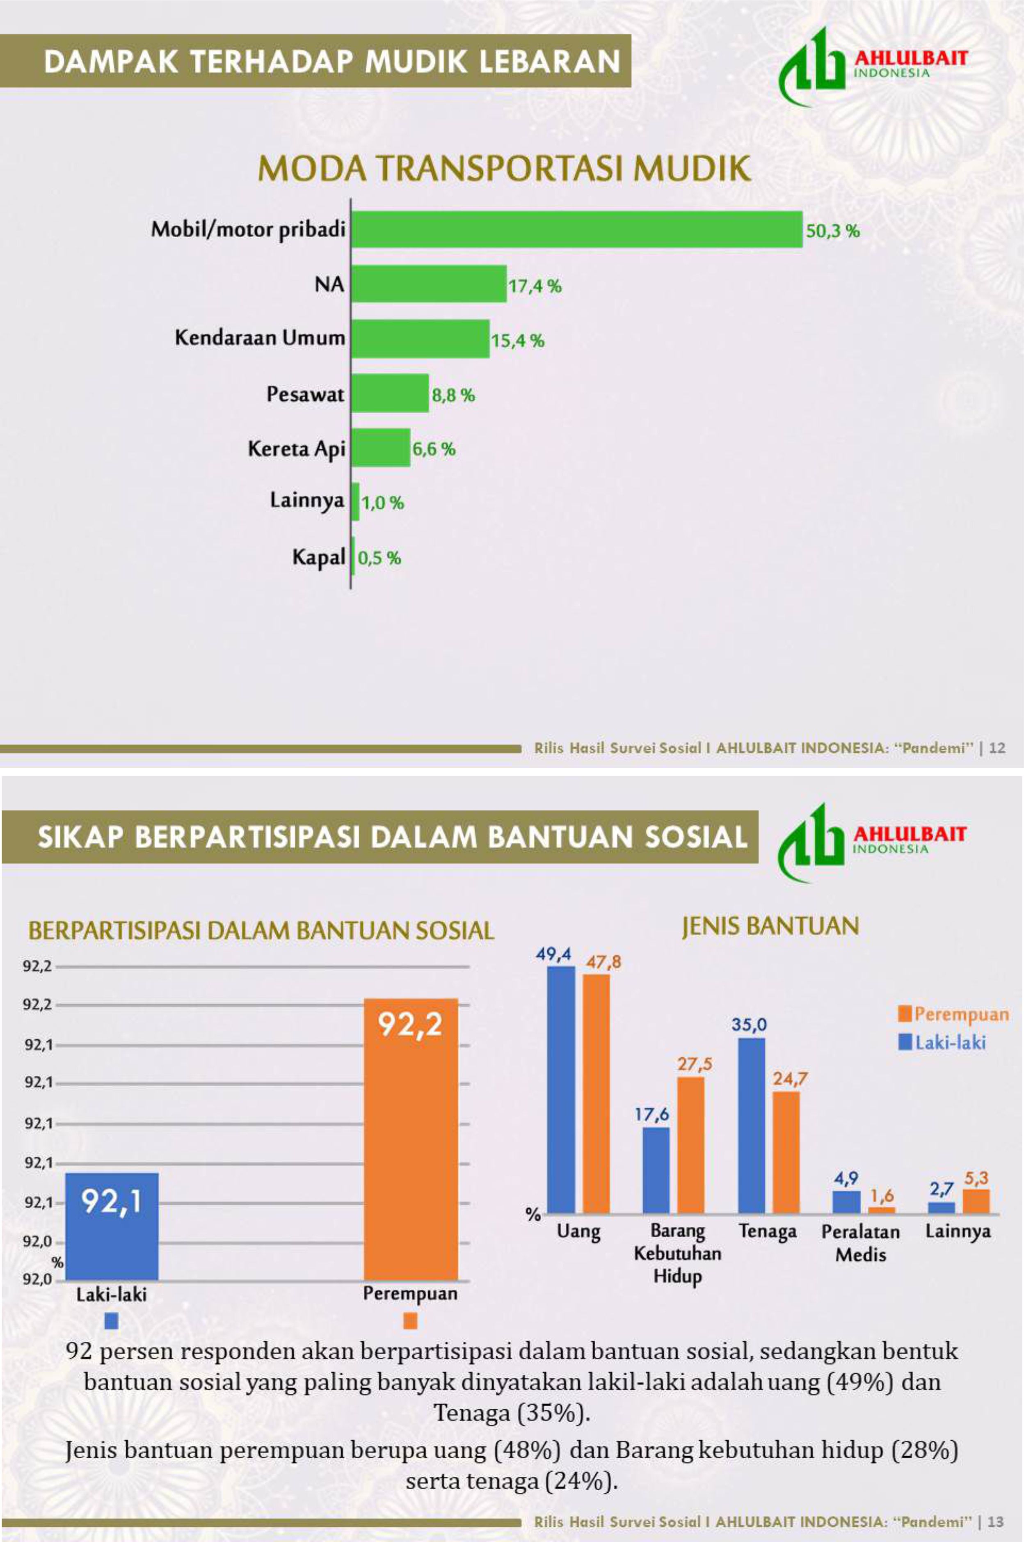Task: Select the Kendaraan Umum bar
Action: pos(421,338)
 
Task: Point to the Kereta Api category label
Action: pos(297,449)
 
